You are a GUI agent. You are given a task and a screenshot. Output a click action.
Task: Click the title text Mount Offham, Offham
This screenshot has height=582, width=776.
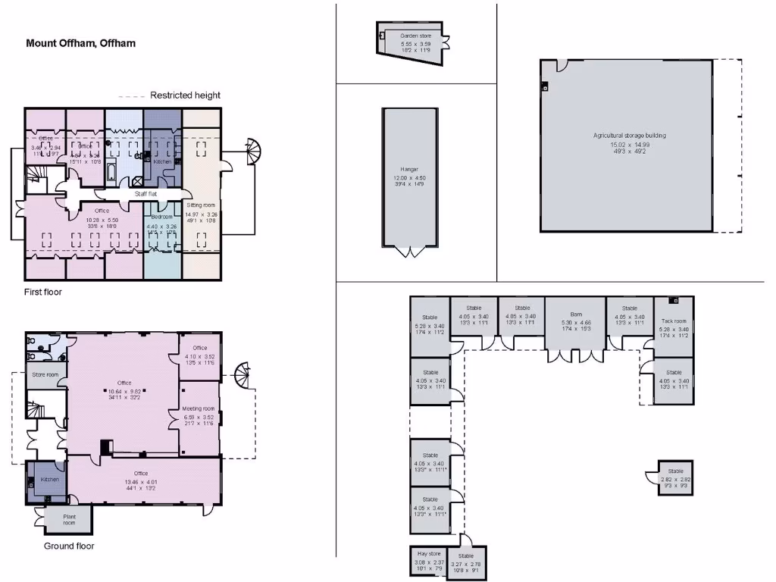tap(81, 43)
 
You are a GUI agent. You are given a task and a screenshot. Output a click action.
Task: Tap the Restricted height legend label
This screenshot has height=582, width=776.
tap(185, 95)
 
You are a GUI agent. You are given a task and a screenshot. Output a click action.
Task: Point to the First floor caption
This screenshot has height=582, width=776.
tap(43, 292)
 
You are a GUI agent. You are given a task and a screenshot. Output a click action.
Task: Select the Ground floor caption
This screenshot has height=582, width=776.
tap(69, 546)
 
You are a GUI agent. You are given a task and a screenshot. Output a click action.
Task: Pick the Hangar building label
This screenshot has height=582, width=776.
tap(409, 170)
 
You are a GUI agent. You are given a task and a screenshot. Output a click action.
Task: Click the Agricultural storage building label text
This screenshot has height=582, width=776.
tap(629, 136)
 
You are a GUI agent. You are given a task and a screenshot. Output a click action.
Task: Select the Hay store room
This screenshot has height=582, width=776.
tap(429, 559)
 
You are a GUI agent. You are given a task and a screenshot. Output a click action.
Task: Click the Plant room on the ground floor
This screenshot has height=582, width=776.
tap(69, 520)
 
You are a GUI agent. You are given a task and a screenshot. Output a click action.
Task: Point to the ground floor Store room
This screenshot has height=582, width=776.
tap(45, 375)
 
